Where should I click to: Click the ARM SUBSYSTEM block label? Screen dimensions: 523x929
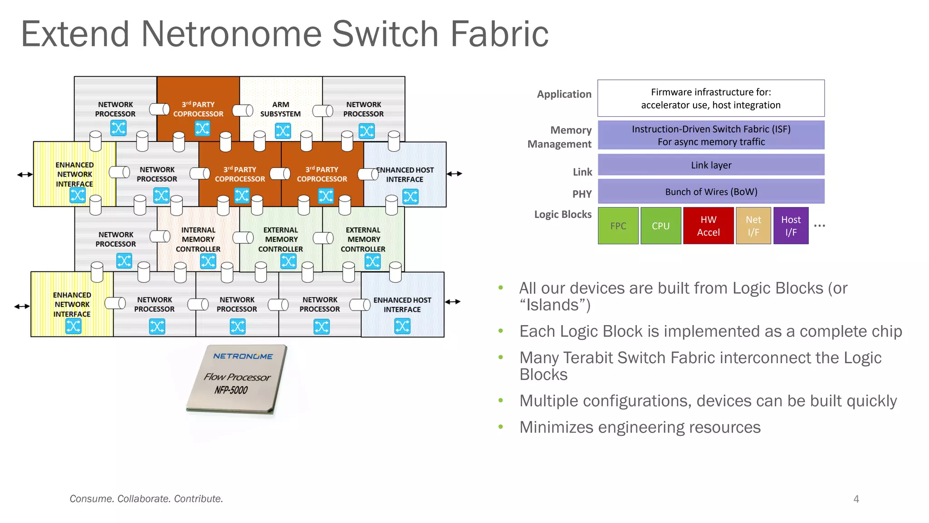click(280, 109)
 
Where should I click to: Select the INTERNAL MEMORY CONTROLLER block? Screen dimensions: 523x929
click(198, 240)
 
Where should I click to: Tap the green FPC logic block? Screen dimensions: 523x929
click(618, 226)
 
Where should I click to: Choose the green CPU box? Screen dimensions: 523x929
click(660, 226)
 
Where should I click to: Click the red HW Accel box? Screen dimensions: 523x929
click(708, 226)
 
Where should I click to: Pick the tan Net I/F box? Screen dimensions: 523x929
click(753, 226)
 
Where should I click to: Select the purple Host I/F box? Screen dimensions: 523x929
click(791, 226)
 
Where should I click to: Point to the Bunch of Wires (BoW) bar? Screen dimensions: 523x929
click(711, 192)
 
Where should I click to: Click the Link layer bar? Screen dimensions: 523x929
click(711, 165)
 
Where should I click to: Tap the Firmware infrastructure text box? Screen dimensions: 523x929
click(711, 99)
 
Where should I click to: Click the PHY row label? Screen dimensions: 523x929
click(582, 194)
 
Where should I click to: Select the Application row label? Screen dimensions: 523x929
click(564, 94)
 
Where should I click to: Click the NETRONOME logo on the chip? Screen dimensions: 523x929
click(243, 356)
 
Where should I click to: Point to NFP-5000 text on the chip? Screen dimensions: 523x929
click(231, 390)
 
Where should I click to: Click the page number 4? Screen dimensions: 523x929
click(856, 499)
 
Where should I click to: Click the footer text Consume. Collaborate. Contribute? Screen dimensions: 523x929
click(146, 499)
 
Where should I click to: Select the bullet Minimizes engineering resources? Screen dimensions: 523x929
click(640, 427)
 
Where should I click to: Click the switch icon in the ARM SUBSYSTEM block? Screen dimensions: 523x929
click(283, 131)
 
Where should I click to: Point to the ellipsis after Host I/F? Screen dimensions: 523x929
click(819, 226)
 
